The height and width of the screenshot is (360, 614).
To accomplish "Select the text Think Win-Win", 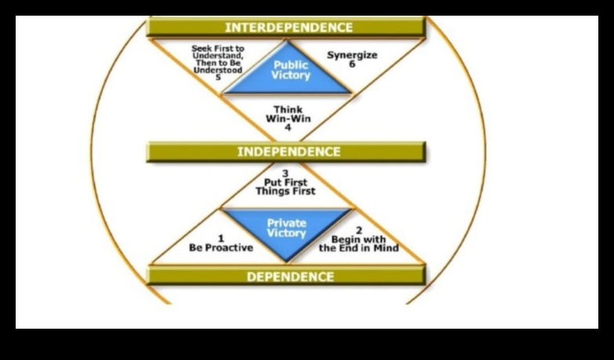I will (287, 113).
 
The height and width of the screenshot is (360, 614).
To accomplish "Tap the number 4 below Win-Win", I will (287, 127).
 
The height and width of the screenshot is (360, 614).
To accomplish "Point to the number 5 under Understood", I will (219, 78).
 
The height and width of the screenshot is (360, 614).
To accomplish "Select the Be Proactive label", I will (221, 247).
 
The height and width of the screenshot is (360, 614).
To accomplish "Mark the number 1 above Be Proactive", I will (221, 237).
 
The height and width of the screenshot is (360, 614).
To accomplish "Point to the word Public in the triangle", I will (291, 65).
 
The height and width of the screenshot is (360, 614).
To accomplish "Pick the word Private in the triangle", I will (287, 223).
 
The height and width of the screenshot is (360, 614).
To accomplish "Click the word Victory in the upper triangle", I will (291, 76).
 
